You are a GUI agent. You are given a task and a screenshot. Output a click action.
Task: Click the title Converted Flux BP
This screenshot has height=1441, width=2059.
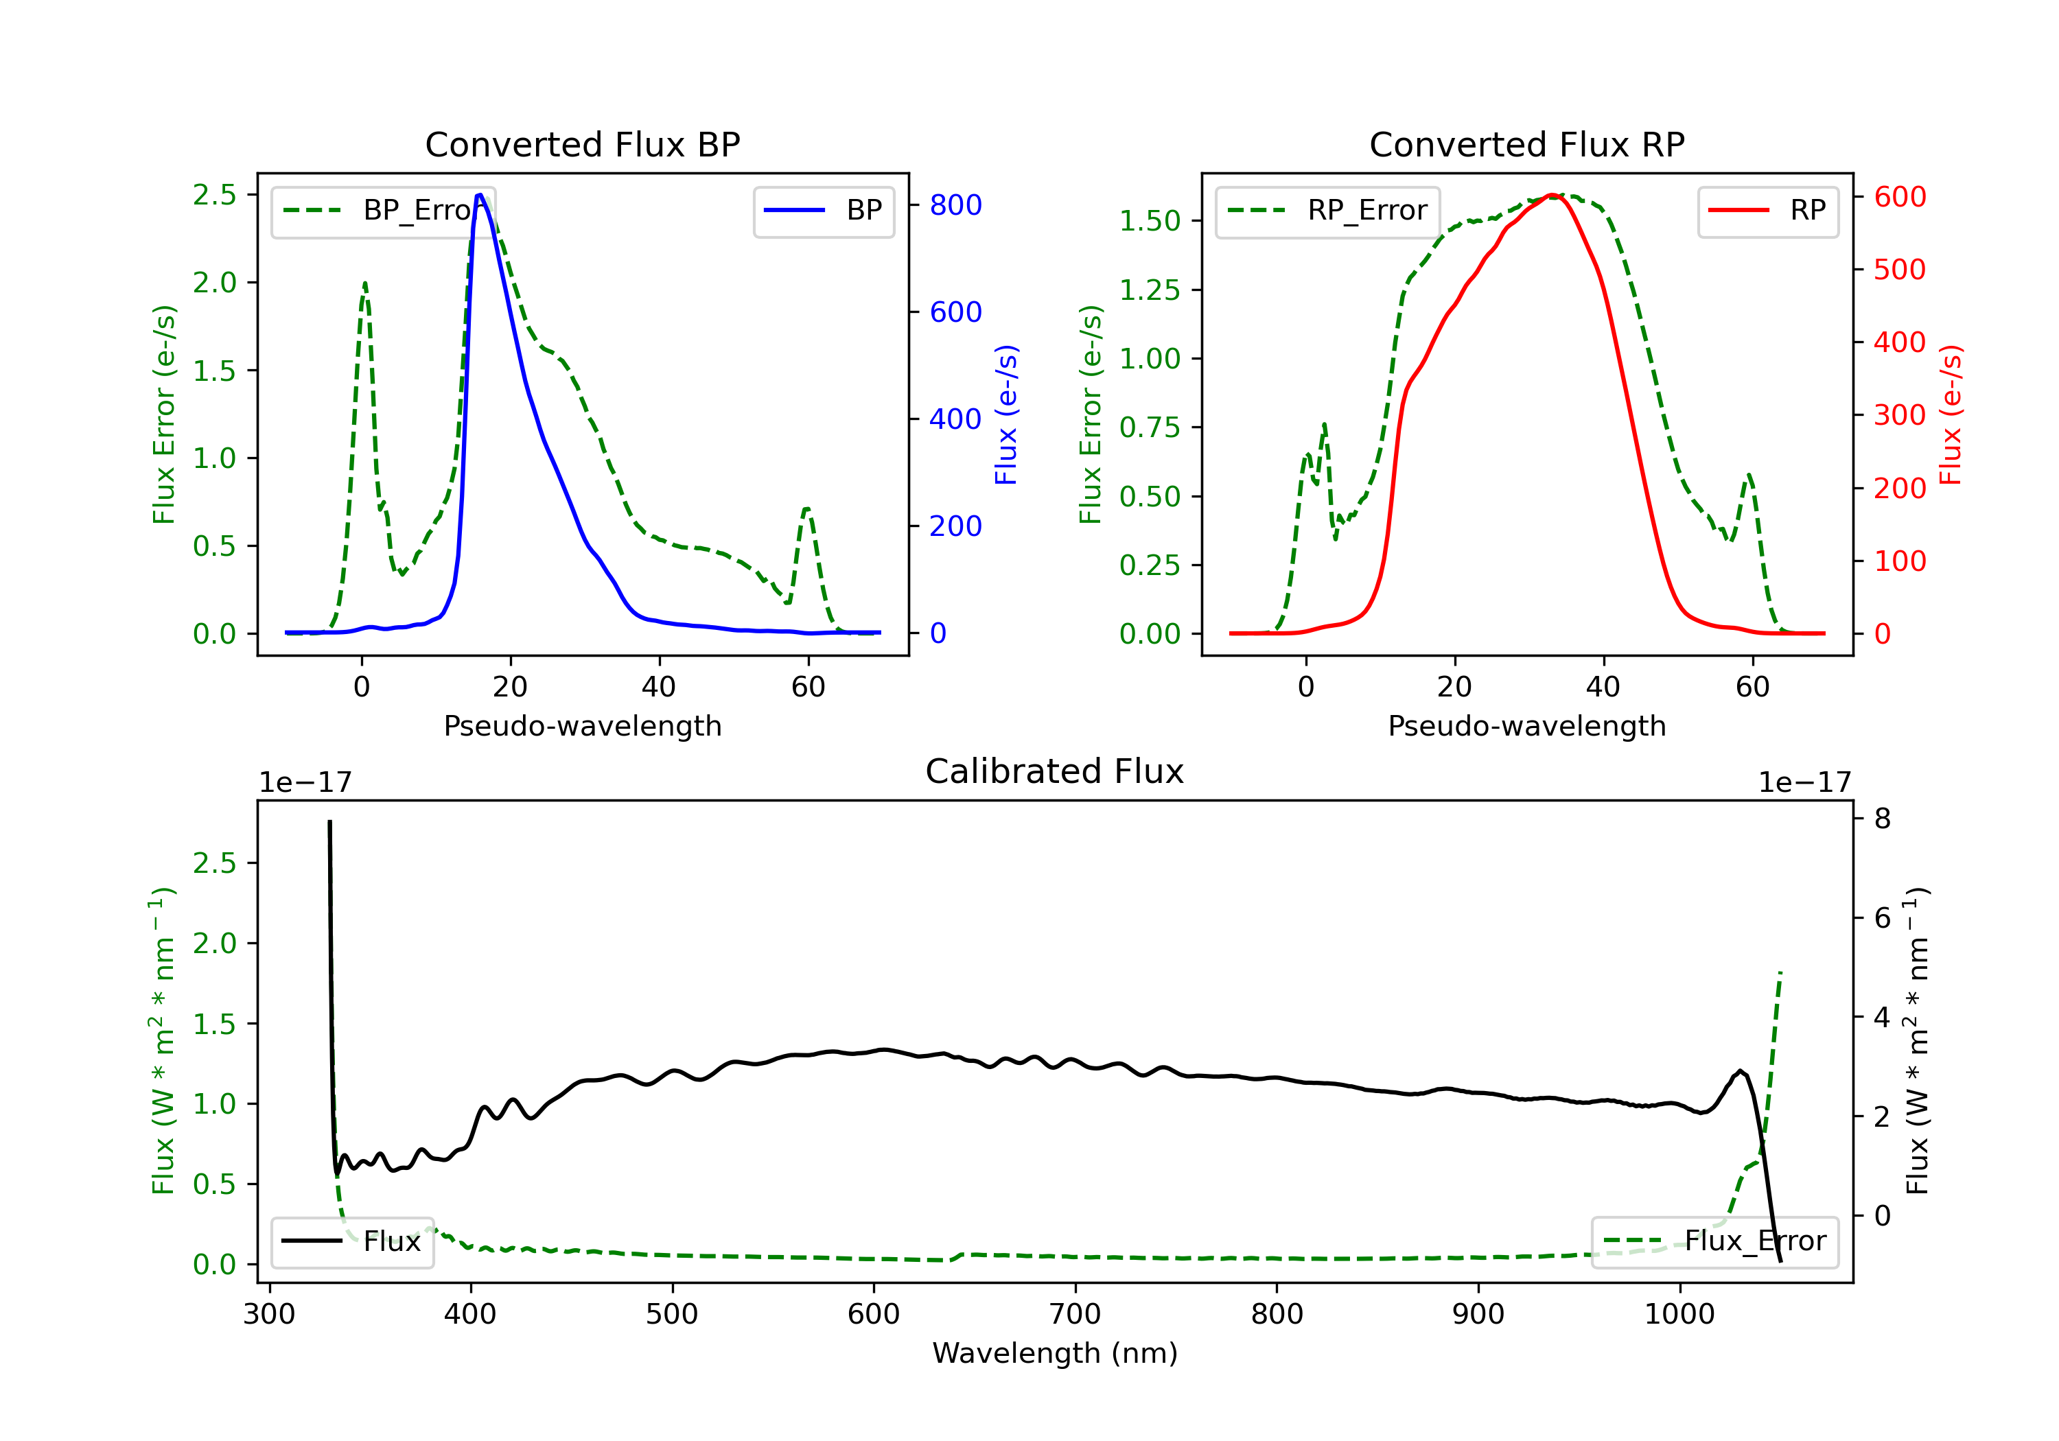582,144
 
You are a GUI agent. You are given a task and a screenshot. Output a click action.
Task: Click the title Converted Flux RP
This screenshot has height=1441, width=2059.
1526,144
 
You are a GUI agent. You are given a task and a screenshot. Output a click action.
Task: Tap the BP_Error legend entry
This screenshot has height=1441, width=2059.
384,211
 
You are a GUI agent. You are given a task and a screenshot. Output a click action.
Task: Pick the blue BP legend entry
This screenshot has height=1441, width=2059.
823,211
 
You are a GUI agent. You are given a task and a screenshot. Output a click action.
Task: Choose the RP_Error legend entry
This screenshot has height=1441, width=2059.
1327,211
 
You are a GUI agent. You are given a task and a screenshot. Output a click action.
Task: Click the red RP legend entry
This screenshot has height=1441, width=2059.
1767,211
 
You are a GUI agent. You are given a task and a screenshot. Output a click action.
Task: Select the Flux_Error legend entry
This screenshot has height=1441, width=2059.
1714,1241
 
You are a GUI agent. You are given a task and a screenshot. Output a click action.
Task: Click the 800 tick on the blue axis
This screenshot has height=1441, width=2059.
955,205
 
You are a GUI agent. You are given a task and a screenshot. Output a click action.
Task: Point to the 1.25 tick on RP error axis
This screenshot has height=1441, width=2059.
1149,290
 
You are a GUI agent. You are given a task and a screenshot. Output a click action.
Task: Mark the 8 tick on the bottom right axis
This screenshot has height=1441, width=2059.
1883,818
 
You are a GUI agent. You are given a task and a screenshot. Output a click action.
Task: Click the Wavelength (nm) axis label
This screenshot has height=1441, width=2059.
1055,1353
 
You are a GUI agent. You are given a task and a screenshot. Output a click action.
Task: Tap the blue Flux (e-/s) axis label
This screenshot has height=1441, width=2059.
1006,414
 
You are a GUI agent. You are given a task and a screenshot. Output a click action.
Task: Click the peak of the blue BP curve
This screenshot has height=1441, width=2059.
480,195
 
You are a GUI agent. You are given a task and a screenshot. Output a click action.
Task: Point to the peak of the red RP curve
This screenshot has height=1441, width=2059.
1552,195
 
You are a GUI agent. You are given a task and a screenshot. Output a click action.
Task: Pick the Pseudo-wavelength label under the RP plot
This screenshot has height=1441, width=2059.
1526,725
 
